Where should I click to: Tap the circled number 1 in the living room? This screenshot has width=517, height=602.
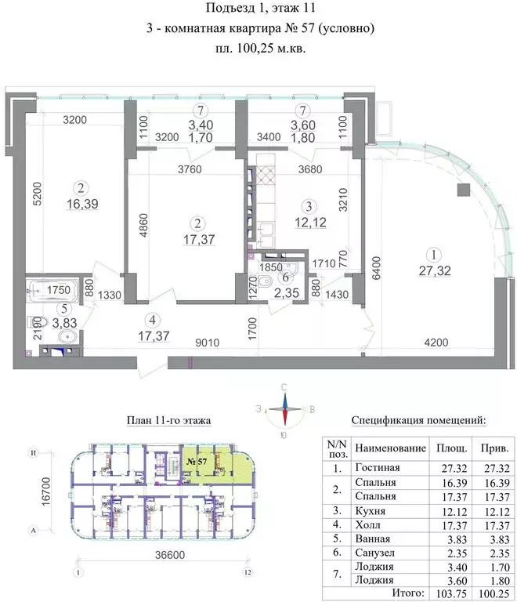pos(430,254)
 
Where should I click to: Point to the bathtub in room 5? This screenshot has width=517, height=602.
pos(54,289)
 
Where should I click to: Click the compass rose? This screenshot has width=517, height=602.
pos(287,408)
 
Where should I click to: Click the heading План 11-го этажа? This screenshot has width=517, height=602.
pos(168,420)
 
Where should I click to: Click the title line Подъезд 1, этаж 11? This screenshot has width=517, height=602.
pos(259,10)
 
